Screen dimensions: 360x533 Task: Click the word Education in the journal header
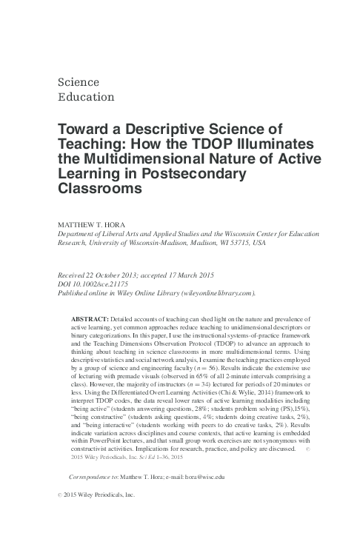tap(82, 96)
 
